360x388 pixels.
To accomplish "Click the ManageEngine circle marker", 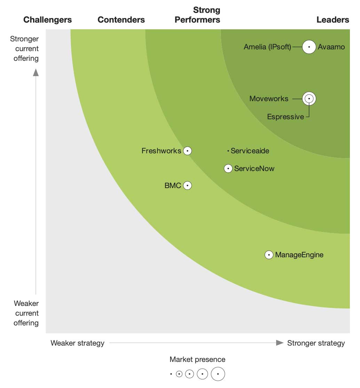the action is coord(269,254).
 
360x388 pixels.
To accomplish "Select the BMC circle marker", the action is coord(187,185).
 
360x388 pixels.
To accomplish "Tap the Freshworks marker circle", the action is coord(187,151).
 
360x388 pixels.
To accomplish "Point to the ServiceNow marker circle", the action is coord(228,169).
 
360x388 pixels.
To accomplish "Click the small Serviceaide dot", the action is coord(228,151).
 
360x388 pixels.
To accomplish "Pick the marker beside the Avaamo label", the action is coord(309,47).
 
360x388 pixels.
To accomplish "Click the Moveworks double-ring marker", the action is coord(309,98).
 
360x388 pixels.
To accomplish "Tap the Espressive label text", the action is coord(286,116).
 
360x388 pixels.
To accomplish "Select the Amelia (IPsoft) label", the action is coord(267,47).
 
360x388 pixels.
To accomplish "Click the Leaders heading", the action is coord(333,20).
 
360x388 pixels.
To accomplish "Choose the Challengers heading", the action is coord(48,20).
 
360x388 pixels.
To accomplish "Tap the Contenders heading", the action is coord(121,20).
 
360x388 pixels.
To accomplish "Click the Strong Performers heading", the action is coord(197,15).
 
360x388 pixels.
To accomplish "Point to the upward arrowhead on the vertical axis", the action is coord(36,73).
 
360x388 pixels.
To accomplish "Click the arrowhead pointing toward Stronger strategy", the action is coord(280,343).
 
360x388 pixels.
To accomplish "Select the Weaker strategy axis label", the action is coord(78,343).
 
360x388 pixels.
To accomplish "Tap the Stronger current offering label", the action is coord(24,49).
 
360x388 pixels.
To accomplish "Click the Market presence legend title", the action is coord(197,359).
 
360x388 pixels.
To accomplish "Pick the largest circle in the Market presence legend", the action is coord(218,374).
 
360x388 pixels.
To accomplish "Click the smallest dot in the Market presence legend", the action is coord(171,374).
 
